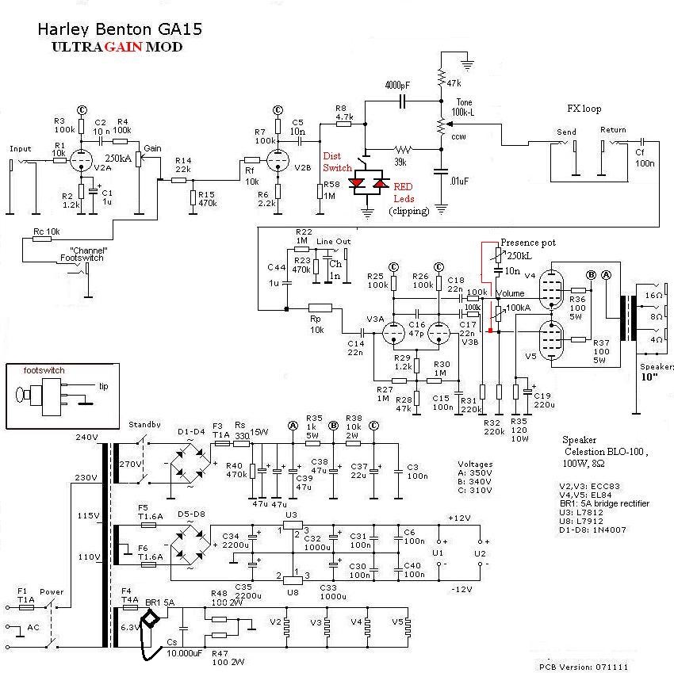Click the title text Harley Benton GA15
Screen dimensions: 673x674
(120, 29)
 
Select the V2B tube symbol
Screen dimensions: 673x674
(277, 161)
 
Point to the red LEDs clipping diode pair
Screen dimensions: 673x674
(367, 183)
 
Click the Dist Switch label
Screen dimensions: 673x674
(337, 162)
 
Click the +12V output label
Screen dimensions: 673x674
(459, 518)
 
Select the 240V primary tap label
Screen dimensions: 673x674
(85, 438)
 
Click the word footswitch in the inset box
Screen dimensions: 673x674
(44, 370)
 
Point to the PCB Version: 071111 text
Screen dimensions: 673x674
(584, 667)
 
